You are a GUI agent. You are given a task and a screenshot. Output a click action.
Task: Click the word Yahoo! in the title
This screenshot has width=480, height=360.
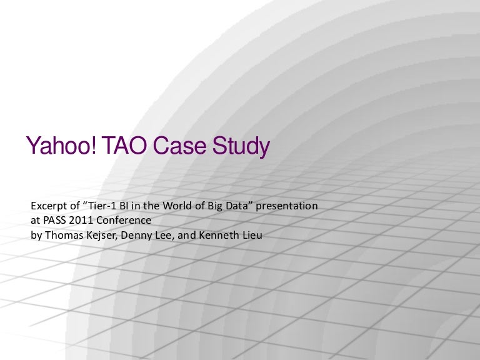click(x=61, y=146)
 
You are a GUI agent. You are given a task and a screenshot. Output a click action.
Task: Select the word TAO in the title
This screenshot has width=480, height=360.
click(x=124, y=145)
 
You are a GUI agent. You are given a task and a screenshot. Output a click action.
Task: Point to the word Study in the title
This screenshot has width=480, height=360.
click(x=241, y=147)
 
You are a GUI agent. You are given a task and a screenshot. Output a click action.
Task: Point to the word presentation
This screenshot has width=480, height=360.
click(x=286, y=206)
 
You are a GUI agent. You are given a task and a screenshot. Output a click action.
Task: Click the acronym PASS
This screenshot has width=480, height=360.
click(x=54, y=221)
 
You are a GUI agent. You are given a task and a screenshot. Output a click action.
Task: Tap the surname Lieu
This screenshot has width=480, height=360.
click(x=252, y=235)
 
